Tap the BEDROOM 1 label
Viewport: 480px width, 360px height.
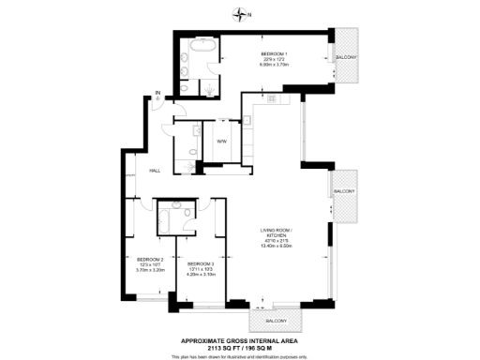[273, 55]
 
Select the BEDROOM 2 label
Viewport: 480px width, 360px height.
[150, 259]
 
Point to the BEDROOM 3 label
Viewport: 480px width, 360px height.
[202, 263]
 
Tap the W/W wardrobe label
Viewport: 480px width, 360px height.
[222, 141]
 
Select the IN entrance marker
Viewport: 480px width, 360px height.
[158, 93]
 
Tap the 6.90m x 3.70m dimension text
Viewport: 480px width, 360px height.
[273, 67]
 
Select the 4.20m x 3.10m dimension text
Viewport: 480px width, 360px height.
[202, 275]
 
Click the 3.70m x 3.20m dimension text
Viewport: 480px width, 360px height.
[150, 270]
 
